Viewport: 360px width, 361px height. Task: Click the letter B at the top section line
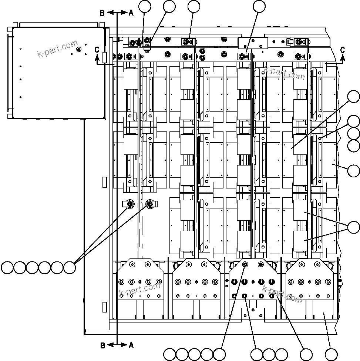(x=102, y=13)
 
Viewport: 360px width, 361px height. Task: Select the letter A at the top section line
(x=131, y=13)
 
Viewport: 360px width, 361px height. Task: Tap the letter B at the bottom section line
(x=102, y=345)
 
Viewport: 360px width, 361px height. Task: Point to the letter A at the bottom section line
(x=131, y=345)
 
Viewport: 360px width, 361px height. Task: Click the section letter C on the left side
(x=97, y=49)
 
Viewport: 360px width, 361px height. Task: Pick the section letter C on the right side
(x=343, y=50)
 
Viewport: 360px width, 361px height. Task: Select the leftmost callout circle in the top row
(x=145, y=6)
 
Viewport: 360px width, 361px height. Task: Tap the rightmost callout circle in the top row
(x=259, y=6)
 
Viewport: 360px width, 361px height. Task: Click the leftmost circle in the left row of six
(x=7, y=267)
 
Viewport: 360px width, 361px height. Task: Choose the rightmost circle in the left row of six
(x=69, y=267)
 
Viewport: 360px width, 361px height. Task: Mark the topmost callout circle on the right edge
(x=354, y=97)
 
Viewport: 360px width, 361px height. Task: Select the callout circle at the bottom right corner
(x=331, y=354)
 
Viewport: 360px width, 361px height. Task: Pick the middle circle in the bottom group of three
(x=269, y=354)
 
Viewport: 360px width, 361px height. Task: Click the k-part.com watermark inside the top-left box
(x=58, y=49)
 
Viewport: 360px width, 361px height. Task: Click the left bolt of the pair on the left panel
(x=130, y=204)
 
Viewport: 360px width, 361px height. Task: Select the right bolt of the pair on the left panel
(x=150, y=204)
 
